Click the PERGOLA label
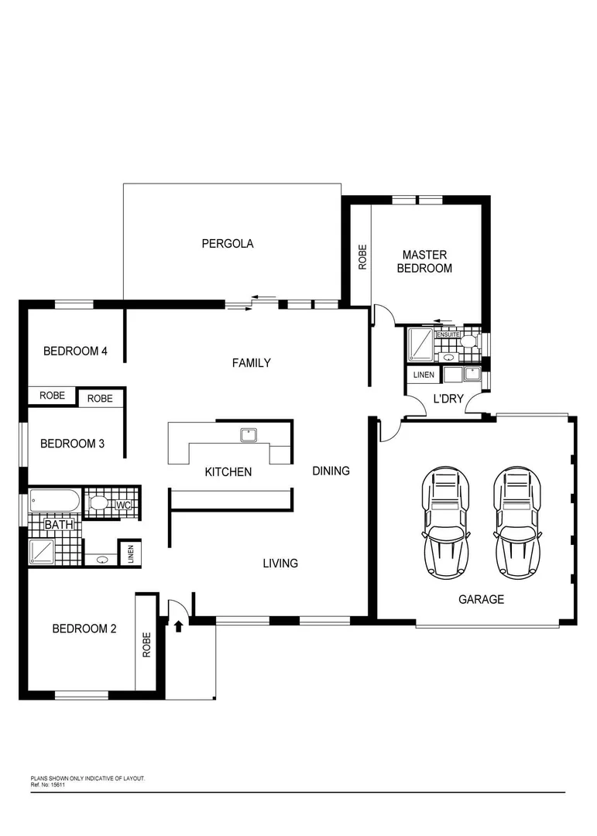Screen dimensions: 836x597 (228, 243)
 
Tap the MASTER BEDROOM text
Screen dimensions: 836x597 (424, 262)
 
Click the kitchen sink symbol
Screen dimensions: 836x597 (249, 435)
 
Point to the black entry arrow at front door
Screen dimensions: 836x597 (179, 625)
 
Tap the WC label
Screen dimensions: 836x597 (124, 505)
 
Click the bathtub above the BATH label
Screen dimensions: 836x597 (54, 502)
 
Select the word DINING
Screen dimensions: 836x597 (331, 471)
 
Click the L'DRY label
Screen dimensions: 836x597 (448, 398)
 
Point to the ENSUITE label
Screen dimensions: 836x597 (448, 334)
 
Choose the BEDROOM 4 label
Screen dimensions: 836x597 (75, 351)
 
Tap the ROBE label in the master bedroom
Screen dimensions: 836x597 (362, 257)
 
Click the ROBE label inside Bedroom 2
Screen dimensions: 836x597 (146, 645)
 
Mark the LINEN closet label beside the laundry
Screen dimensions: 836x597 (424, 375)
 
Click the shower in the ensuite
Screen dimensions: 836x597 (420, 345)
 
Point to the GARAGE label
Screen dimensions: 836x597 (481, 599)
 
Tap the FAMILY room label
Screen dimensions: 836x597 (252, 362)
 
